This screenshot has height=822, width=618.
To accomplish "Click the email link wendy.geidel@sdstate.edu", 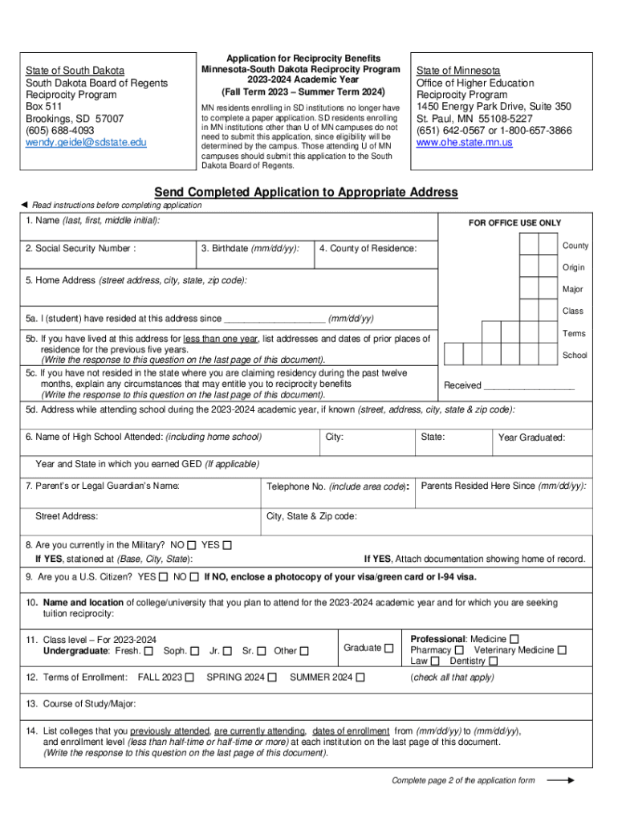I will (x=86, y=142).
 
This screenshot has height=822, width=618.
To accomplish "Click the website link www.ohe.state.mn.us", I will (x=464, y=142).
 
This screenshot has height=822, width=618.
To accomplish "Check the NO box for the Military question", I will (x=191, y=545).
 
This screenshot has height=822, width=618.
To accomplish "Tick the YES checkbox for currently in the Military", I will (x=227, y=545).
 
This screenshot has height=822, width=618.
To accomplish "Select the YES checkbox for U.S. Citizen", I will (x=164, y=576).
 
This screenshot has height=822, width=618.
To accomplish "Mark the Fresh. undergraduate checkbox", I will (x=149, y=651).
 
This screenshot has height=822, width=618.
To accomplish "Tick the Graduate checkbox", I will (x=389, y=648).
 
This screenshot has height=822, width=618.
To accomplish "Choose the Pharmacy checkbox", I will (x=460, y=650).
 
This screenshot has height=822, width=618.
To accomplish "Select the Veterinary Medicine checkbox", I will (x=563, y=650).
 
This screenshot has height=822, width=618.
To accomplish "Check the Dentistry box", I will (x=494, y=661).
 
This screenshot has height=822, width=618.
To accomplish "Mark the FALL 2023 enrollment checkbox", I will (x=189, y=678).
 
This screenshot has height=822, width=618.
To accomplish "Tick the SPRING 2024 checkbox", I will (x=272, y=678).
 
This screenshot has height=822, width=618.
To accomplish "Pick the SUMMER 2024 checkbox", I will (x=360, y=678).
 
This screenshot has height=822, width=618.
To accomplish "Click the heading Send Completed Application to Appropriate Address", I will (x=306, y=192).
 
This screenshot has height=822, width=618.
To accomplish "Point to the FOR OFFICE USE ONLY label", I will (x=514, y=223).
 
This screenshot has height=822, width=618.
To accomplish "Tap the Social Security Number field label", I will (x=80, y=249).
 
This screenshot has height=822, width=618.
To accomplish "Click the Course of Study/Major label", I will (x=80, y=704).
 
